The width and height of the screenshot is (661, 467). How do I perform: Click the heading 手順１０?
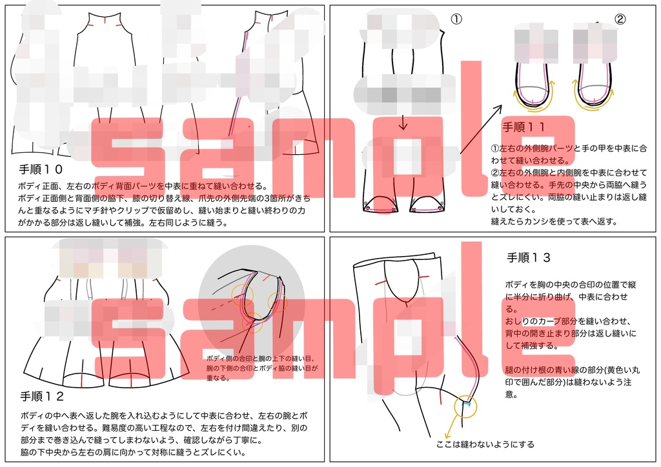click(x=41, y=170)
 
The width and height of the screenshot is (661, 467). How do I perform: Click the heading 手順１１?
click(x=524, y=127)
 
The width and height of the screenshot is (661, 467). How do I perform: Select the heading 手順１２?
click(x=41, y=396)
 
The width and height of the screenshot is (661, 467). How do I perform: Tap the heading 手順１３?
click(x=529, y=257)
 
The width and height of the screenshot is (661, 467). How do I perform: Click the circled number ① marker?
click(x=456, y=19)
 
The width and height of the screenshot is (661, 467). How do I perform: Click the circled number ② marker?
click(x=620, y=19)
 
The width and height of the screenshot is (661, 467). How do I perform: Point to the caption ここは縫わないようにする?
click(x=485, y=444)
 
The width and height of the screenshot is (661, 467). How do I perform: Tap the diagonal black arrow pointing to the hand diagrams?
click(x=481, y=128)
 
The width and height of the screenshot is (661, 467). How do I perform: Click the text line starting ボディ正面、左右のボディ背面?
click(x=139, y=186)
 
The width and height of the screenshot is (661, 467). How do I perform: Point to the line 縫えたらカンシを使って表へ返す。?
click(x=554, y=221)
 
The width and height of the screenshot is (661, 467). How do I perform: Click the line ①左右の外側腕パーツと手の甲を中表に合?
click(x=569, y=148)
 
